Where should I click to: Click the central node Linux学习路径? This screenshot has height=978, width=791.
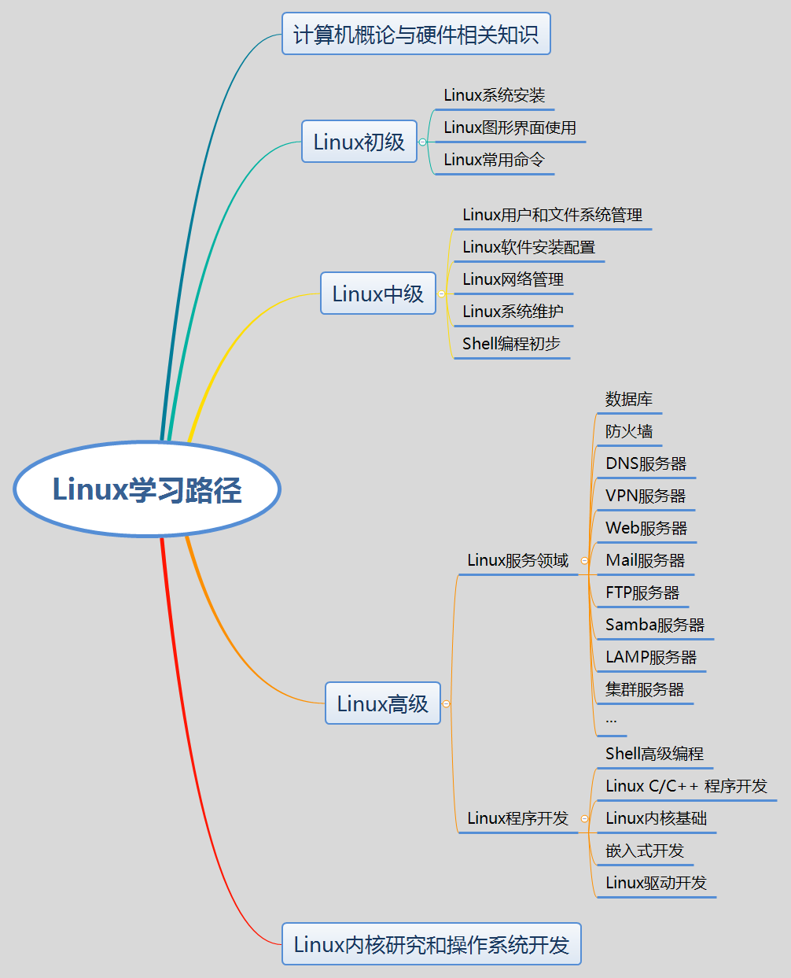click(147, 489)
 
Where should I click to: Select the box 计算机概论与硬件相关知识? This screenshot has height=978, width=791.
click(416, 34)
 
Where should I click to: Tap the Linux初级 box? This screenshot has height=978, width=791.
click(359, 142)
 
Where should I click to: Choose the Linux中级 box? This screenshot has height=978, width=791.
click(378, 293)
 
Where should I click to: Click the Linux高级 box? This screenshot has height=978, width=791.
click(383, 703)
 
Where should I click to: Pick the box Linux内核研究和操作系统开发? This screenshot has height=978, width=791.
click(431, 944)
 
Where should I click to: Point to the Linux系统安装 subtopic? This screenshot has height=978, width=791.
click(495, 95)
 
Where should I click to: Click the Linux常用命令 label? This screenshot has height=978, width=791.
click(494, 160)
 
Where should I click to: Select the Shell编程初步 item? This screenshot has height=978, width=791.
click(511, 344)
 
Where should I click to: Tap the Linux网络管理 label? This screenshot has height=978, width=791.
click(513, 279)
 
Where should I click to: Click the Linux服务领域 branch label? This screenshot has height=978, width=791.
click(517, 560)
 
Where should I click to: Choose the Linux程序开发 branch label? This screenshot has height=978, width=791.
click(517, 818)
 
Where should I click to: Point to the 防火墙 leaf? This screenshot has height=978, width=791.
click(629, 431)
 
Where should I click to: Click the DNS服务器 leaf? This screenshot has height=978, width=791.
click(646, 463)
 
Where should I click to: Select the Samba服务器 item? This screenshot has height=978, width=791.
click(654, 625)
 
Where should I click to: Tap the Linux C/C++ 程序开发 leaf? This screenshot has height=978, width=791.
click(686, 786)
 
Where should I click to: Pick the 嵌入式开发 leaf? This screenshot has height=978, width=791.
click(645, 851)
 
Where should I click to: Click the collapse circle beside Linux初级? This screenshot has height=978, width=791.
click(423, 142)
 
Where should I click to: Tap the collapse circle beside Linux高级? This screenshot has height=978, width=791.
click(446, 703)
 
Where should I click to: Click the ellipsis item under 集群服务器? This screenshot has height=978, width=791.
click(611, 720)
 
